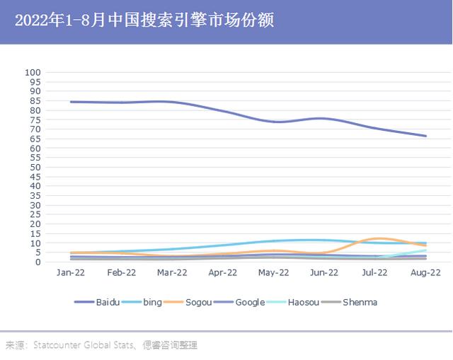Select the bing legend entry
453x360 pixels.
pyautogui.click(x=152, y=302)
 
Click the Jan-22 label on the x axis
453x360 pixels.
pyautogui.click(x=70, y=272)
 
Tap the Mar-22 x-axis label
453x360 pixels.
pyautogui.click(x=172, y=272)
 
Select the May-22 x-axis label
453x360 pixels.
pyautogui.click(x=274, y=272)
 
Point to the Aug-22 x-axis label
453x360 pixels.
pyautogui.click(x=426, y=272)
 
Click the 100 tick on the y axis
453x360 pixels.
pyautogui.click(x=34, y=73)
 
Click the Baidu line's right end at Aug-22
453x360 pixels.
pyautogui.click(x=426, y=136)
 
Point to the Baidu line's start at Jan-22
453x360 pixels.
pyautogui.click(x=70, y=102)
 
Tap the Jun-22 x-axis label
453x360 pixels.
pyautogui.click(x=324, y=272)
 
